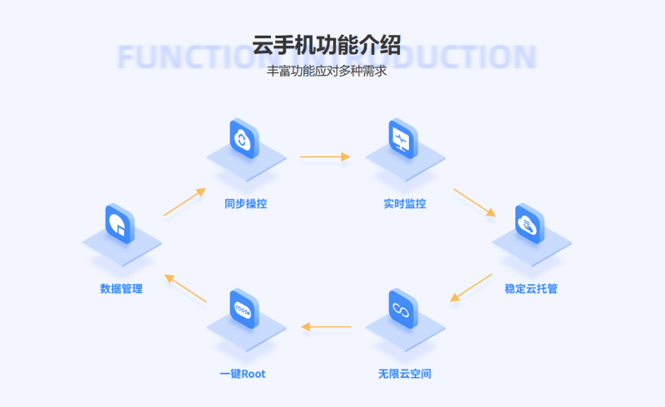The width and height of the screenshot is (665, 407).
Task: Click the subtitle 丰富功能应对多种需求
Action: click(326, 71)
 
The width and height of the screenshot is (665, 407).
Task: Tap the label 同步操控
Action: click(245, 203)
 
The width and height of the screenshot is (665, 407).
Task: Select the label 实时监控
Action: click(405, 203)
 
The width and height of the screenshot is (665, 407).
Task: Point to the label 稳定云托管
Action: click(532, 289)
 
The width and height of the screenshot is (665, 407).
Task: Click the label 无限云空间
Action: click(405, 374)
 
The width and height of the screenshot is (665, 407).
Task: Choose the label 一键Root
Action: click(243, 374)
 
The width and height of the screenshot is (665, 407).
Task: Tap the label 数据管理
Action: click(121, 289)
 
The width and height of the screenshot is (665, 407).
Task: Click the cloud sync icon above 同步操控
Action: click(244, 139)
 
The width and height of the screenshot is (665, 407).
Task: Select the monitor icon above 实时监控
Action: click(403, 139)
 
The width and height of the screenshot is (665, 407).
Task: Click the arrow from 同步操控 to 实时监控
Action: click(325, 156)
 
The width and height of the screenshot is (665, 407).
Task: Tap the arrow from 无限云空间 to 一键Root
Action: click(326, 326)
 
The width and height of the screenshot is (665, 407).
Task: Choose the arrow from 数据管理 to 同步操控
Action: click(185, 202)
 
